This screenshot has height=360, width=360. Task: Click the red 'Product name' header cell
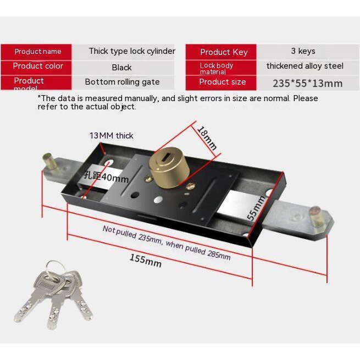pyautogui.click(x=38, y=52)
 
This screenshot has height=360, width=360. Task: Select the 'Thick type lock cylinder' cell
pyautogui.click(x=132, y=51)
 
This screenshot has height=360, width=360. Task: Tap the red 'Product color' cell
pyautogui.click(x=38, y=66)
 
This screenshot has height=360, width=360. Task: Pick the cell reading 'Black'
pyautogui.click(x=121, y=68)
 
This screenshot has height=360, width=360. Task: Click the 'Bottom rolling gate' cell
pyautogui.click(x=122, y=82)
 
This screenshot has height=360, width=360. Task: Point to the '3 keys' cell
pyautogui.click(x=303, y=51)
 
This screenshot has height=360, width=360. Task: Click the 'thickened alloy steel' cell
pyautogui.click(x=304, y=66)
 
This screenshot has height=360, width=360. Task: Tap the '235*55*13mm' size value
pyautogui.click(x=307, y=84)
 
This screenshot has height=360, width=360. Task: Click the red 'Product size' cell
pyautogui.click(x=222, y=82)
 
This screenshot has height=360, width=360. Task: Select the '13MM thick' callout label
pyautogui.click(x=112, y=135)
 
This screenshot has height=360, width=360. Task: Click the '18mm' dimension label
pyautogui.click(x=207, y=138)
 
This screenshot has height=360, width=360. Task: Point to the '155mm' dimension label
pyautogui.click(x=146, y=259)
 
